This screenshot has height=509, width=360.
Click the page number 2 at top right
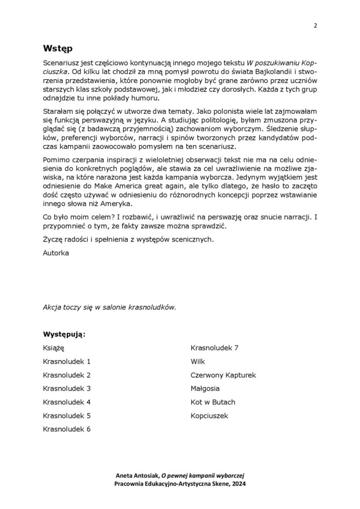coord(315,25)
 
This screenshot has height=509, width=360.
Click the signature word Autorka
coord(56,253)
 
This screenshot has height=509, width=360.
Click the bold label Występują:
coord(65,334)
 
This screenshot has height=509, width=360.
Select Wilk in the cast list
coord(198,361)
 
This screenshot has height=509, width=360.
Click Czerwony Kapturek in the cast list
coord(224,375)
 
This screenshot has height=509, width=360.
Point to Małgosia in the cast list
coord(205,389)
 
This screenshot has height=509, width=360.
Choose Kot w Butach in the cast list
coord(213,402)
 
